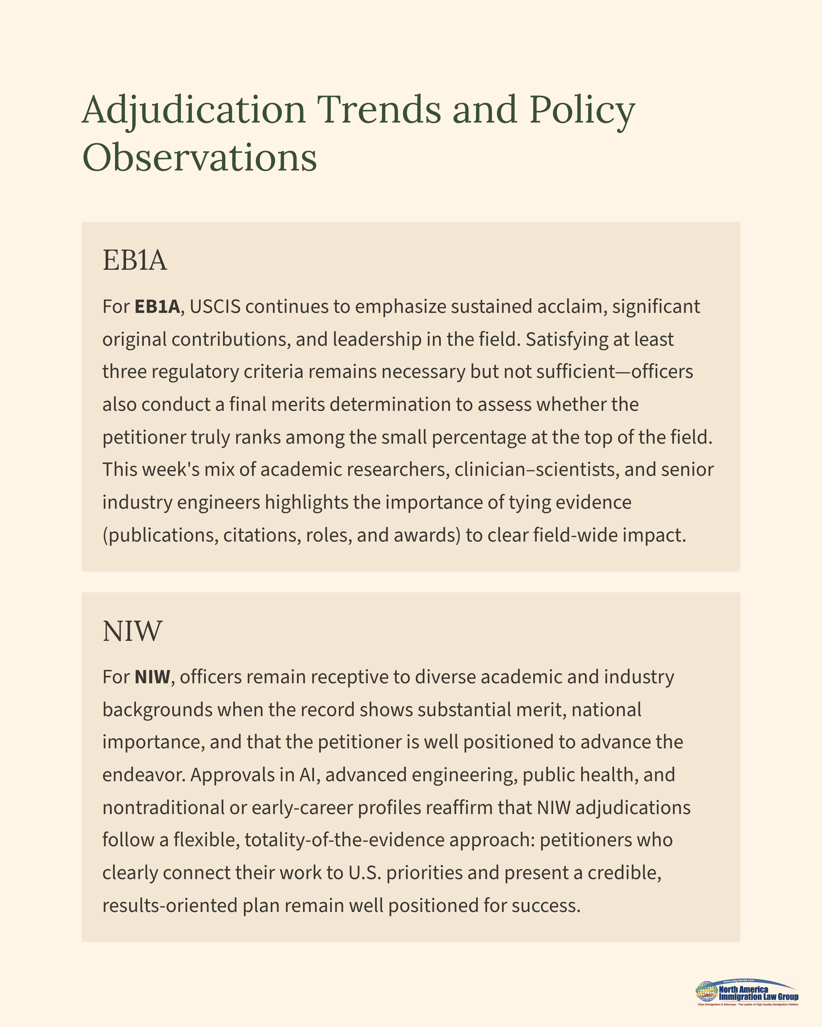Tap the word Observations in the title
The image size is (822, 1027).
point(199,157)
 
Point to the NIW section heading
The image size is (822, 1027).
point(133,631)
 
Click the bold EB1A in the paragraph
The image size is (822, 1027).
point(157,306)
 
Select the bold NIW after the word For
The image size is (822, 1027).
point(152,677)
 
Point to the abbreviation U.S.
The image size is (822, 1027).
point(365,873)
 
